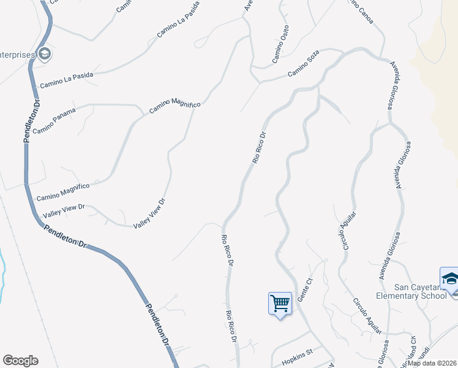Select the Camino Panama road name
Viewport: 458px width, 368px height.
[54, 121]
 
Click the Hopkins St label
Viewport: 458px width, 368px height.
[298, 353]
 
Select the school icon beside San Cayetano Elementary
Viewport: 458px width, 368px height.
[449, 278]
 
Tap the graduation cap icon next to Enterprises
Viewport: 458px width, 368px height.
[44, 55]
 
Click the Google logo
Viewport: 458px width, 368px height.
[20, 361]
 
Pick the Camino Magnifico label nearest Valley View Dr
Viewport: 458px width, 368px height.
[63, 191]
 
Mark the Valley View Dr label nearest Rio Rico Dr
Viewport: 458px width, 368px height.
[150, 213]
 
